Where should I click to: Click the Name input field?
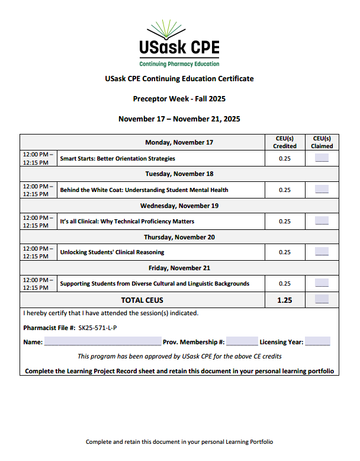tap(102, 342)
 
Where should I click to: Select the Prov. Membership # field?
tap(242, 342)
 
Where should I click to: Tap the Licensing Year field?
tap(317, 342)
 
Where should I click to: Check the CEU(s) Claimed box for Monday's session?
tap(322, 158)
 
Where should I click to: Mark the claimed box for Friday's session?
tap(322, 283)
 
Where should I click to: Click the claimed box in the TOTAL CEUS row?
tap(322, 299)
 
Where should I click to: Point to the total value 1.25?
tap(285, 300)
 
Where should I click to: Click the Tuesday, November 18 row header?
tap(179, 174)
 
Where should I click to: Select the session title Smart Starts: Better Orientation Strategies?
tap(118, 159)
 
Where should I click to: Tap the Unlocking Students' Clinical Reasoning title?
tap(112, 252)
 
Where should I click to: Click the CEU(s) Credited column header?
tap(285, 142)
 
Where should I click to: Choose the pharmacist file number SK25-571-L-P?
tap(101, 328)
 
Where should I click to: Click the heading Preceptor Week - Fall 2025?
tap(179, 98)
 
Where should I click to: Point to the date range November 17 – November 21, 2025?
tap(179, 119)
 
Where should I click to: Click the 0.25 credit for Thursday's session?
tap(285, 252)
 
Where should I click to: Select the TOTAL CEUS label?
tap(142, 300)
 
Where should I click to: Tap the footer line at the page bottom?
tap(179, 442)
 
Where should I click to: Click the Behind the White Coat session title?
tap(144, 190)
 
